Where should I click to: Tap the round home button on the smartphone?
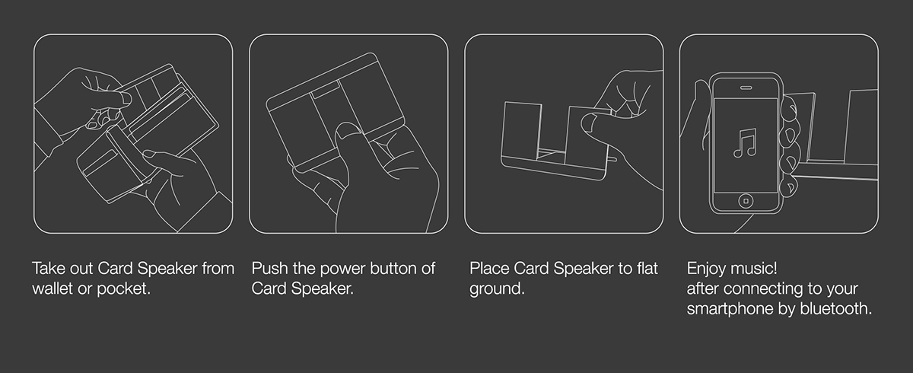click(x=745, y=201)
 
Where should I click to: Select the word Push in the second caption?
click(x=269, y=269)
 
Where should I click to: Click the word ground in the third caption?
click(x=495, y=290)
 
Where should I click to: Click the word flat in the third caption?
click(x=645, y=269)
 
